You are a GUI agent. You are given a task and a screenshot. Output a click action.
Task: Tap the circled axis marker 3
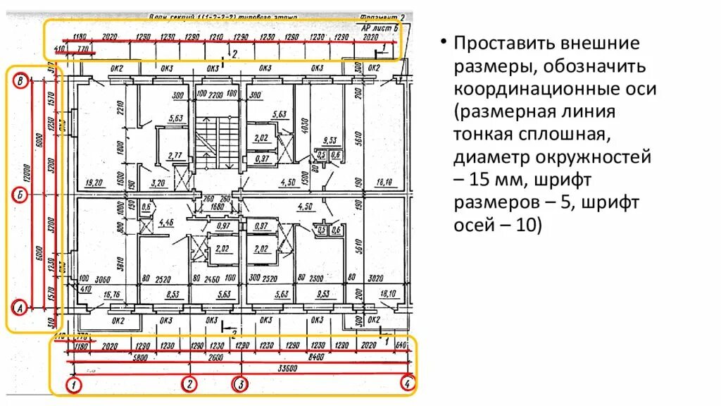[241, 384]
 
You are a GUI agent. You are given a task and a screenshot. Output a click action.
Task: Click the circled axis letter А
[20, 307]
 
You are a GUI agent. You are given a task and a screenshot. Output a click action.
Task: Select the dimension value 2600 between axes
[215, 357]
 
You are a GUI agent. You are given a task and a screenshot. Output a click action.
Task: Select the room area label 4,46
[167, 223]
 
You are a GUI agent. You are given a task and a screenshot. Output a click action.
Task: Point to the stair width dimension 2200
[216, 94]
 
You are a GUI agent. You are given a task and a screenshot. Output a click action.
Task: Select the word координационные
[556, 90]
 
